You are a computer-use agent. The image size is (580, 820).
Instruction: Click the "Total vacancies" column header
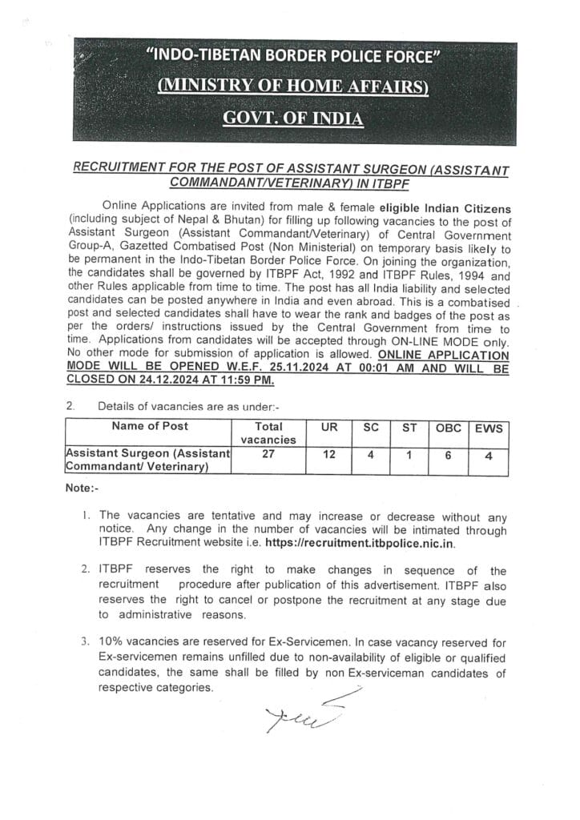268,433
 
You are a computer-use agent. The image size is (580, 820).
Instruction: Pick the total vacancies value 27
269,453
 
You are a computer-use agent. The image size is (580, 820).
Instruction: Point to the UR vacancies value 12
329,454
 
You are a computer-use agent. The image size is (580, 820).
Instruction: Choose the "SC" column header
370,428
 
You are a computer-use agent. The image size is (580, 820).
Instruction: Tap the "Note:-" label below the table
82,488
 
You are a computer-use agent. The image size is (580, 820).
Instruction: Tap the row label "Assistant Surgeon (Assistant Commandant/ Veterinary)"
147,460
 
